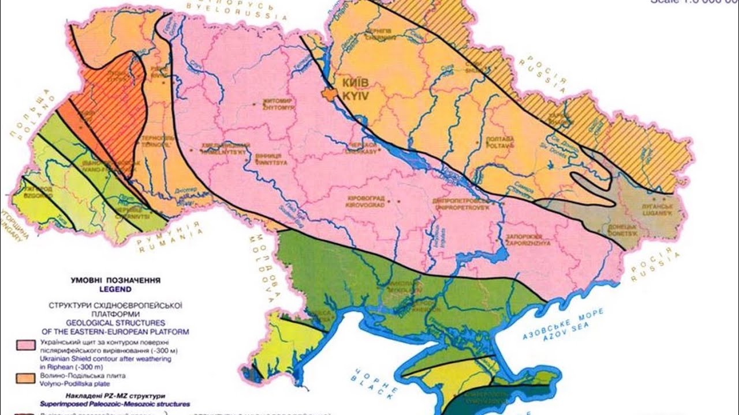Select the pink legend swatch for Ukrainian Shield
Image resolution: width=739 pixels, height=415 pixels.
coord(25,345)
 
